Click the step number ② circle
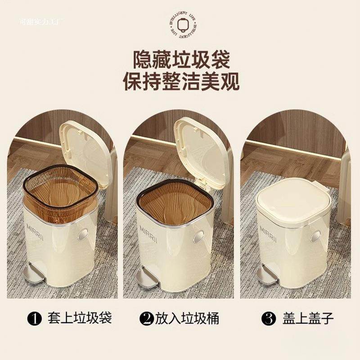coord(146,319)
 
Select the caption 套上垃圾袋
coord(79,319)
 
